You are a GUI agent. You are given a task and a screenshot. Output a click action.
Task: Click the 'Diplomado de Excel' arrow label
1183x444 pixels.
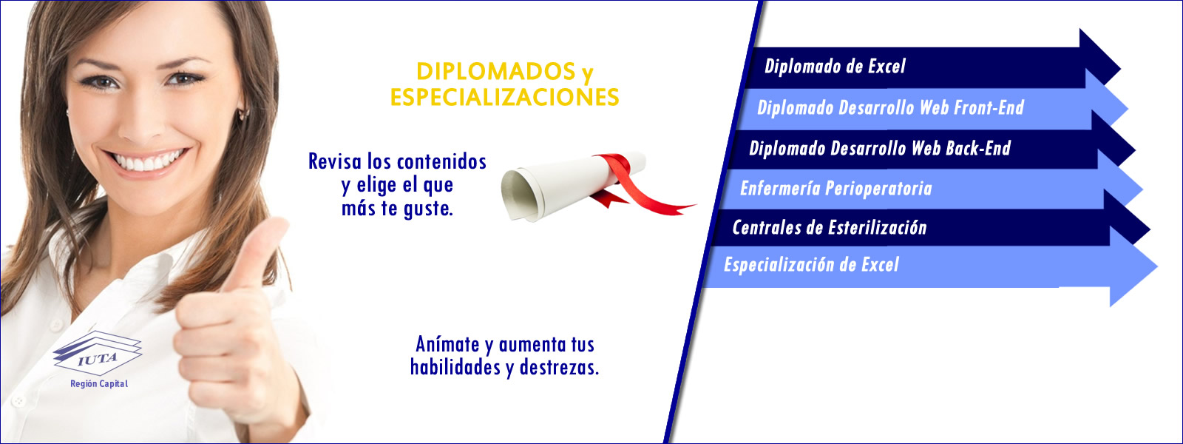pos(835,67)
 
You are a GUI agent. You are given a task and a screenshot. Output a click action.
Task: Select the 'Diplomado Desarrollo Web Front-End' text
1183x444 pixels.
pos(890,108)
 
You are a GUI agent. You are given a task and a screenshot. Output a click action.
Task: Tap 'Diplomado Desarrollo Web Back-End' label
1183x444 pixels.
pos(880,148)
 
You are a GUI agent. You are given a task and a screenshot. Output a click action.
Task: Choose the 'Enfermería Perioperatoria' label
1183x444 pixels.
pos(836,188)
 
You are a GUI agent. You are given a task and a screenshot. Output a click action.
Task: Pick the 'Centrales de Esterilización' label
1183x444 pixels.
pos(829,228)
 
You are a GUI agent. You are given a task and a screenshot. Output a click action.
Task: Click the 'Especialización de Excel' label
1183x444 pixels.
pos(811,265)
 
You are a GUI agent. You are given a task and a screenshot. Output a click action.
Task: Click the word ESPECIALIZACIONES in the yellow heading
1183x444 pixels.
pos(504,98)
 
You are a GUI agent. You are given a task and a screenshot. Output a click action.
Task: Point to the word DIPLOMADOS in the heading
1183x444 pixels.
pos(495,71)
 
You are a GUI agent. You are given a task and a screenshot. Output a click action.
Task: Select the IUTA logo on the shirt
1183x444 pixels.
pos(98,353)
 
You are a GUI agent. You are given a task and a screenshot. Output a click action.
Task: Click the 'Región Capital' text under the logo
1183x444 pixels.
pos(99,384)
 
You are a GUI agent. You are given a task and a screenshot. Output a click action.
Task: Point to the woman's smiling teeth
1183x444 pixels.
pos(148,161)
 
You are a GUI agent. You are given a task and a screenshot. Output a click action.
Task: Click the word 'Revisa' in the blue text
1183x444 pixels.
pos(335,162)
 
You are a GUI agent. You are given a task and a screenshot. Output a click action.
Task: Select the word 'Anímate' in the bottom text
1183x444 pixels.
pos(447,345)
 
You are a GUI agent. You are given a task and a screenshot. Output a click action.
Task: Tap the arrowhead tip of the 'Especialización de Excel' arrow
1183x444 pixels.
pos(1157,266)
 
